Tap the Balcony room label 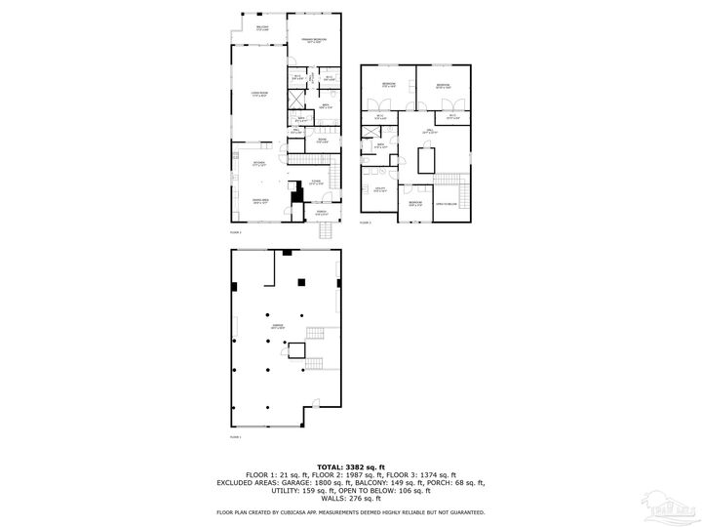tap(261, 29)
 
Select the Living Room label tap(259, 95)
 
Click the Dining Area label tap(260, 201)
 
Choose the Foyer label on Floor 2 tap(316, 182)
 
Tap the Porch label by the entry tap(321, 213)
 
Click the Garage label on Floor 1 tap(278, 327)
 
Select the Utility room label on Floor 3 tap(380, 190)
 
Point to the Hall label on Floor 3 tap(429, 131)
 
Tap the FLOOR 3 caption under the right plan tap(366, 223)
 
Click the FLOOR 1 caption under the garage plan tap(235, 436)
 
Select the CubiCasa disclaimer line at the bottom tap(351, 511)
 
